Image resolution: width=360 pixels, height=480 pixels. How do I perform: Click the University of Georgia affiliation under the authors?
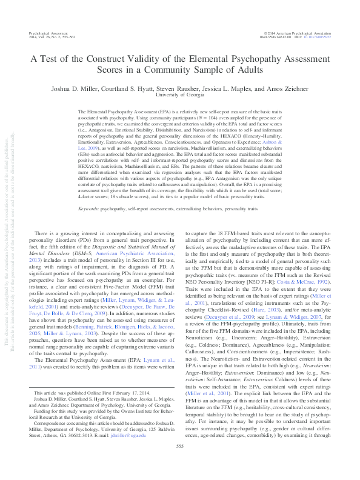(180, 95)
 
